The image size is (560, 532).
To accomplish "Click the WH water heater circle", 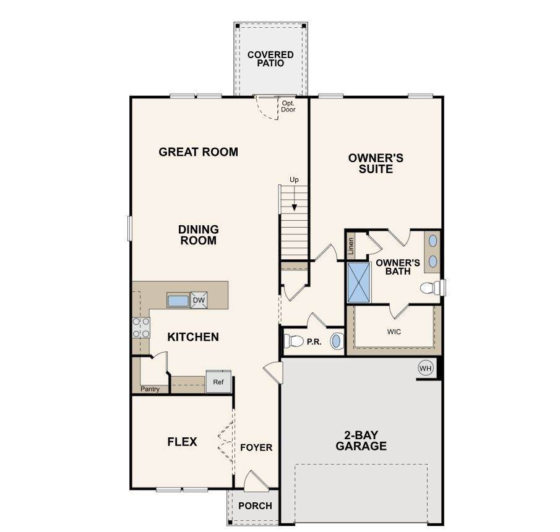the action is [425, 368].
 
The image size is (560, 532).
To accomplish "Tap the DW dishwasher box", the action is [199, 300].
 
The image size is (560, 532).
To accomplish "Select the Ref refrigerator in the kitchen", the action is [218, 382].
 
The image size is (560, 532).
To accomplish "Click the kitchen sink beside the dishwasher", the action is [178, 300].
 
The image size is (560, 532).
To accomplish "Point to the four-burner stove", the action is [141, 328].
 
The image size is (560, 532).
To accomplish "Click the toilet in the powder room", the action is [293, 341].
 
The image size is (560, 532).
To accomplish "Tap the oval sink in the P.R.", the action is [337, 341].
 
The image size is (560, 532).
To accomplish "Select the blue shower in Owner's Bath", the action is [359, 283].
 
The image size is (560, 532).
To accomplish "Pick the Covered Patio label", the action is [270, 59].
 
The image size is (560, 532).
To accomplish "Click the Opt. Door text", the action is [288, 106].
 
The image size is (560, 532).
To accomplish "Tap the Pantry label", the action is [150, 389].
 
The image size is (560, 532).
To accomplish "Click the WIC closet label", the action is [394, 332].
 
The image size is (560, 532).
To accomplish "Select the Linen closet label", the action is [351, 246].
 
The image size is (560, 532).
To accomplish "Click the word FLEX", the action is [182, 442].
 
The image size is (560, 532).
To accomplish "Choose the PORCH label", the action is [255, 506].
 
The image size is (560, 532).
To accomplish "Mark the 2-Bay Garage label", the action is [361, 440].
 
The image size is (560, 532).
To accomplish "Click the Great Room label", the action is [198, 152].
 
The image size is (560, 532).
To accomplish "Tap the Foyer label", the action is [256, 447].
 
